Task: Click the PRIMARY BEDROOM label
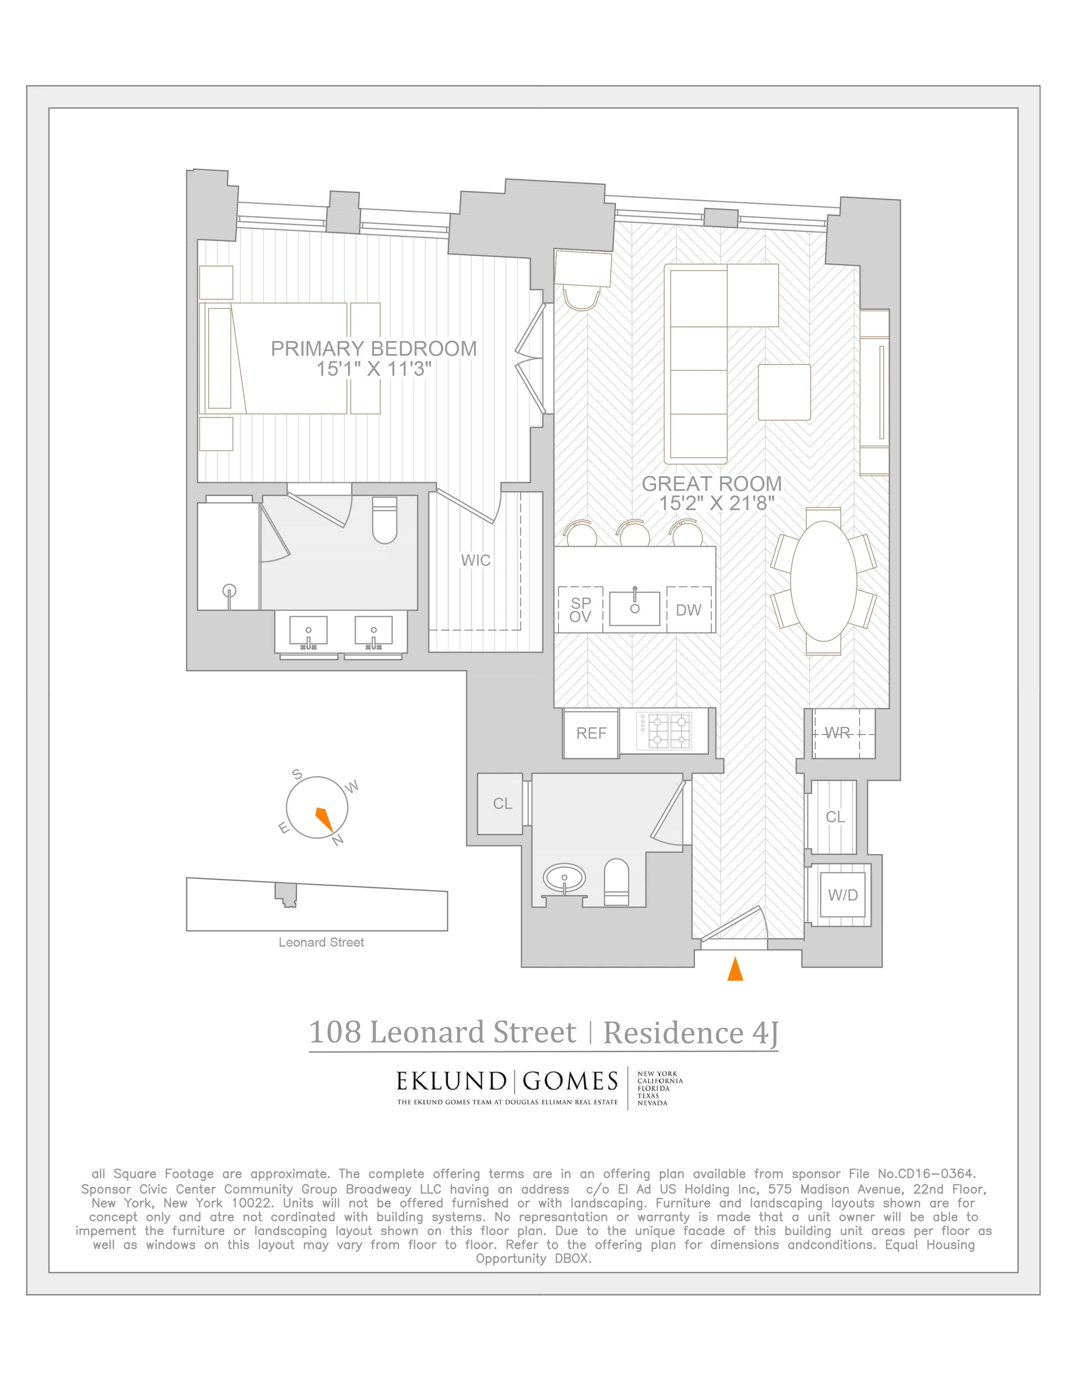374,349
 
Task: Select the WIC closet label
475,560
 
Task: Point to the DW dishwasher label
688,610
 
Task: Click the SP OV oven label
580,610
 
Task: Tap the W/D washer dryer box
843,895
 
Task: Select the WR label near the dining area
838,733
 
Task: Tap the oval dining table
823,580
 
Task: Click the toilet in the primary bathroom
384,521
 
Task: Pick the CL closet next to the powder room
503,803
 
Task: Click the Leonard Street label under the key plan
321,942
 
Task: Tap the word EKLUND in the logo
451,1081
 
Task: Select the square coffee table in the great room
784,392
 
